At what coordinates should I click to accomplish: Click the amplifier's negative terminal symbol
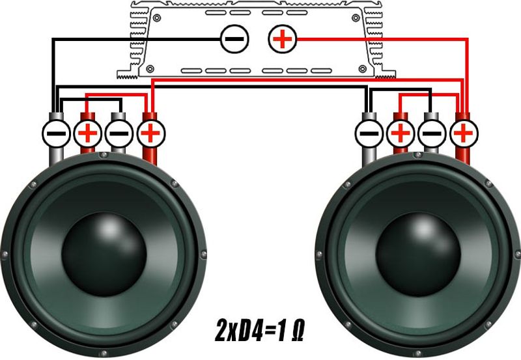[234, 39]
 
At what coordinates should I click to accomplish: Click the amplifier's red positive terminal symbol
[283, 39]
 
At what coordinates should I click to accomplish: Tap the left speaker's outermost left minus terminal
[56, 133]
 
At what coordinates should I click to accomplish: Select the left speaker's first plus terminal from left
[87, 133]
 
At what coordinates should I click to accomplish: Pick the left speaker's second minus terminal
[119, 133]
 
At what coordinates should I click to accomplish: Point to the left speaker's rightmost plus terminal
[150, 133]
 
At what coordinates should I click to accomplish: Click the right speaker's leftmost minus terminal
[369, 133]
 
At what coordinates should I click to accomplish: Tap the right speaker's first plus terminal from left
[401, 133]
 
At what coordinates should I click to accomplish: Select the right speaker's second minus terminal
[432, 133]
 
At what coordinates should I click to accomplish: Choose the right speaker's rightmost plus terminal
[464, 133]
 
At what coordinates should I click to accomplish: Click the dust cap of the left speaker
[104, 255]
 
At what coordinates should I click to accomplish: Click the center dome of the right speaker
[418, 255]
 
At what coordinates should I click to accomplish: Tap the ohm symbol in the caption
[298, 332]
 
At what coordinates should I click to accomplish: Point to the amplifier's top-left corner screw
[157, 18]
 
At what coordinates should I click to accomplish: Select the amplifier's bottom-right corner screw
[363, 69]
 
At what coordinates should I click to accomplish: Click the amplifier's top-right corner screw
[356, 18]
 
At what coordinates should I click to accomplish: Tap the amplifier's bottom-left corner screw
[150, 69]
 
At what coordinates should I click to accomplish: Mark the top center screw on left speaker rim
[104, 155]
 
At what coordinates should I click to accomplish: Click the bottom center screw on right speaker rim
[418, 353]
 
